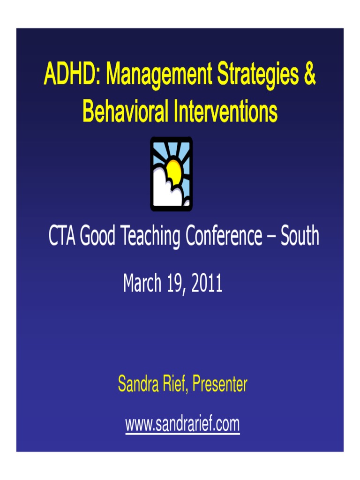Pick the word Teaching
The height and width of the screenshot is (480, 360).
point(150,237)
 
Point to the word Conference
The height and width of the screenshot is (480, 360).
point(224,236)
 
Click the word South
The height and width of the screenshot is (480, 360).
point(300,236)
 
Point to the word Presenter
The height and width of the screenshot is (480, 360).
point(220,384)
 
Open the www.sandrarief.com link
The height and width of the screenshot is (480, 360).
point(182,425)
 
